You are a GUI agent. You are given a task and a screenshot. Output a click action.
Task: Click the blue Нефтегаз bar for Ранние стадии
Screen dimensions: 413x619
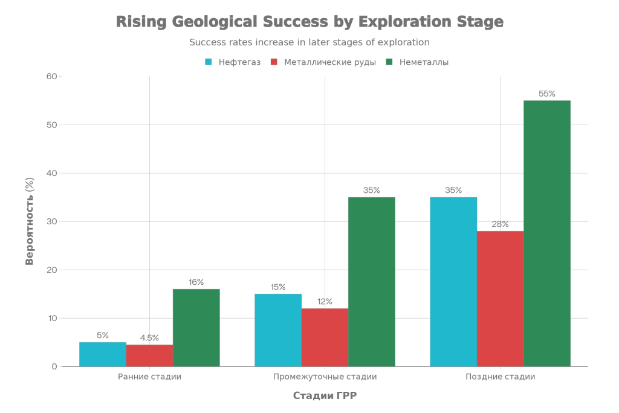coord(103,354)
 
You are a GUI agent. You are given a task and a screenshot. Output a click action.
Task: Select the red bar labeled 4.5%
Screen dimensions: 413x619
coord(149,356)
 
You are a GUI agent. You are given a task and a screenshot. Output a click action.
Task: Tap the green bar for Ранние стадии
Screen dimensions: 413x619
coord(196,328)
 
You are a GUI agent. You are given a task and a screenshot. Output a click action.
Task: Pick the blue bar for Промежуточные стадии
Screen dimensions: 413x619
coord(278,330)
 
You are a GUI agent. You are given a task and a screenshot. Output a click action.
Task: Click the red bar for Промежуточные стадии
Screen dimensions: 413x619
coord(325,337)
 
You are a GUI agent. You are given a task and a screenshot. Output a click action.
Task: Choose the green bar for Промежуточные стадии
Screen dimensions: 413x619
coord(372,282)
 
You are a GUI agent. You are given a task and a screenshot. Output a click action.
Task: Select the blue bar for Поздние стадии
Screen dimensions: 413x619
coord(453,282)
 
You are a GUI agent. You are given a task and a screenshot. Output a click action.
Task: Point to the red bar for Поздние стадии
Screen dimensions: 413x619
coord(500,299)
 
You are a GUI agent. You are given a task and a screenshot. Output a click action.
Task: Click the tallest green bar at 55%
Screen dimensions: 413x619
coord(547,233)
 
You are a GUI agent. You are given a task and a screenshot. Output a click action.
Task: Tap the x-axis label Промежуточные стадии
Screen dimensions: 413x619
coord(325,377)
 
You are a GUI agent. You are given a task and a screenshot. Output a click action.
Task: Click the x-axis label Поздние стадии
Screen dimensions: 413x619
coord(501,377)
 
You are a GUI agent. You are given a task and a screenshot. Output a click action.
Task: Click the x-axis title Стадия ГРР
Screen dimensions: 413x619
coord(325,396)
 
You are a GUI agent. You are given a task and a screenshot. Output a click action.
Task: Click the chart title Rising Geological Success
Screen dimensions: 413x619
coord(309,22)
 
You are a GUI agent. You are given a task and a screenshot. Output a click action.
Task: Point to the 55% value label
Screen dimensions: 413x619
coord(547,94)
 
